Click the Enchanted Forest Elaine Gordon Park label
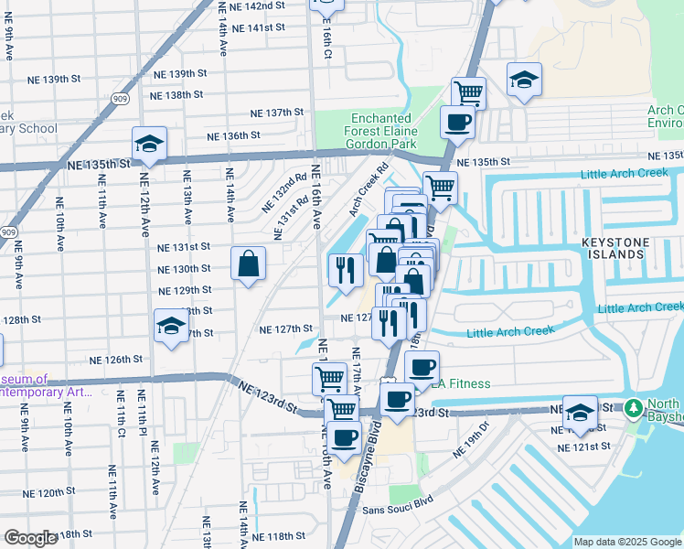pyautogui.click(x=383, y=132)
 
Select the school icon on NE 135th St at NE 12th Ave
pyautogui.click(x=149, y=144)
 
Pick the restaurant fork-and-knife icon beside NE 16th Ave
pyautogui.click(x=345, y=270)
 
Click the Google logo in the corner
pyautogui.click(x=30, y=538)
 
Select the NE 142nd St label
pyautogui.click(x=252, y=6)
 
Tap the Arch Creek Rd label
pyautogui.click(x=369, y=189)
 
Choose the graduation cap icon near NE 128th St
pyautogui.click(x=170, y=327)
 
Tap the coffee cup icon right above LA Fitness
pyautogui.click(x=421, y=368)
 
